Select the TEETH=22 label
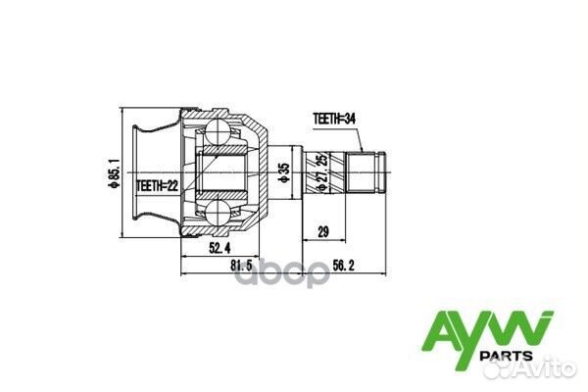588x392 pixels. (x=156, y=183)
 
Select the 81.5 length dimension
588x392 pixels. (x=241, y=265)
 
